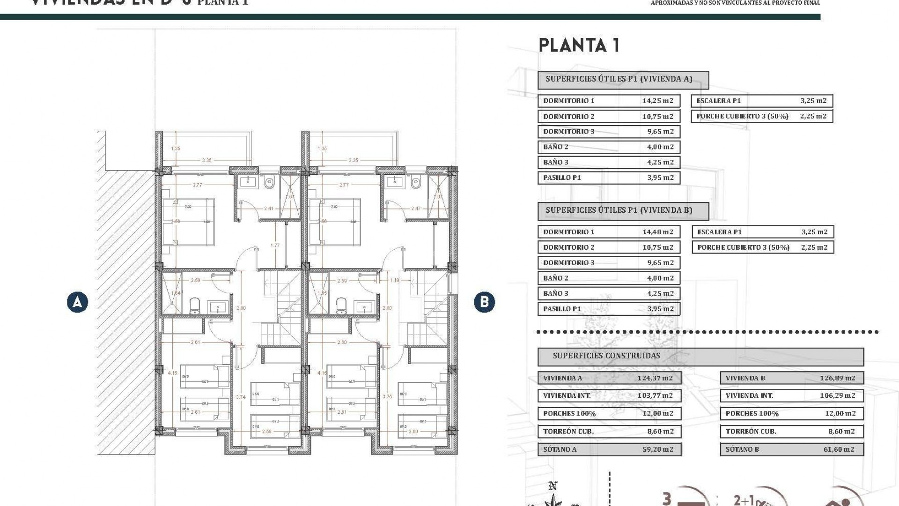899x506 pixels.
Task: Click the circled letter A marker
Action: click(77, 302)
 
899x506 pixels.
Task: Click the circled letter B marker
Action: click(484, 302)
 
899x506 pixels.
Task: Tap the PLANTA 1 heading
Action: click(579, 45)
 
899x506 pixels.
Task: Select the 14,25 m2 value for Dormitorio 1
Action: click(657, 101)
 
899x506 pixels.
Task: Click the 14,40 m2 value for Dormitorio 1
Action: click(657, 232)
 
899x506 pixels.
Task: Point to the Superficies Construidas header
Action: click(606, 356)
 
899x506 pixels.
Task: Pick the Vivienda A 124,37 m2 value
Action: click(655, 378)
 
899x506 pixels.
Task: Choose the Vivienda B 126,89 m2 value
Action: click(837, 378)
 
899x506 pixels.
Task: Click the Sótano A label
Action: click(560, 449)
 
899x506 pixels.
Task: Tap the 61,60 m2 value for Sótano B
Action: click(839, 449)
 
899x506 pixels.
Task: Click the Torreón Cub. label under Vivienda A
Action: click(568, 432)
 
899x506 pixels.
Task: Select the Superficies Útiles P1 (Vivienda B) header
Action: click(619, 210)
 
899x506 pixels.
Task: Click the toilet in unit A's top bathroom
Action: click(269, 183)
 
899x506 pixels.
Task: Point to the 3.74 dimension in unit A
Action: click(241, 397)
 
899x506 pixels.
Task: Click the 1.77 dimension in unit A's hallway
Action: click(275, 245)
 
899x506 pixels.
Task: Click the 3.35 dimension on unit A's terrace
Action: click(206, 160)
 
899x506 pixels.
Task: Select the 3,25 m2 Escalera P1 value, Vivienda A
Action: click(813, 101)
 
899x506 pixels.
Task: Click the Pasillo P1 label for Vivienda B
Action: click(562, 309)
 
